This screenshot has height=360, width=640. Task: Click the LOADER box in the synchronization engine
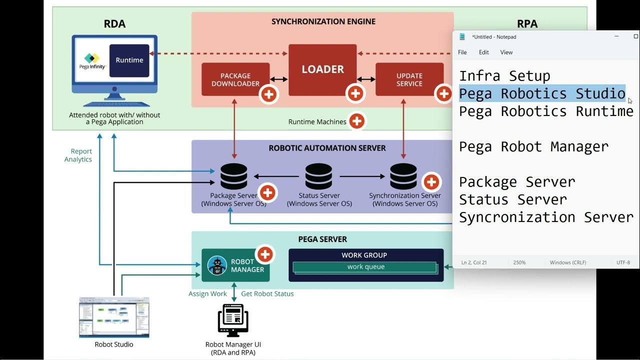322,69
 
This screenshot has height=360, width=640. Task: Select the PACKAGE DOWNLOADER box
235,79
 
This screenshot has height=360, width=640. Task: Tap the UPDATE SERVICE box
409,79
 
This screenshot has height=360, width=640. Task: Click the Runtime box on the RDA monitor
129,60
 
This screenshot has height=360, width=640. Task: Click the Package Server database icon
234,176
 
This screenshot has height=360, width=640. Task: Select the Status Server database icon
319,176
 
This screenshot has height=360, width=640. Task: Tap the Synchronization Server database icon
403,176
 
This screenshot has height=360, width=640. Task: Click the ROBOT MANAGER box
235,265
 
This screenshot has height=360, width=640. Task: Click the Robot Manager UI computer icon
233,320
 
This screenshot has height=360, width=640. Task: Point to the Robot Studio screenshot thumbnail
114,317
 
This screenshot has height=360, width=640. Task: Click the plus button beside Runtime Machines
356,121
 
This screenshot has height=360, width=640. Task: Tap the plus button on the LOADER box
355,93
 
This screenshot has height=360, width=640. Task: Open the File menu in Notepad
462,52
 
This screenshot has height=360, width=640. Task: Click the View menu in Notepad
506,52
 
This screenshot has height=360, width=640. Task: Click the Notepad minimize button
617,36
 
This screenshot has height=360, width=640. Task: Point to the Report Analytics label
78,155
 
